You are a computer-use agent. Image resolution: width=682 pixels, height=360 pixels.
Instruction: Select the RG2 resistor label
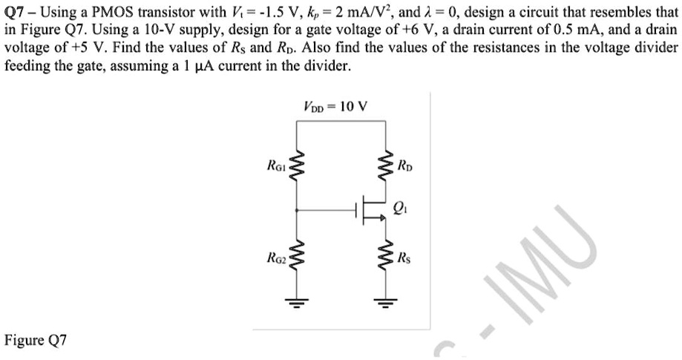click(x=279, y=258)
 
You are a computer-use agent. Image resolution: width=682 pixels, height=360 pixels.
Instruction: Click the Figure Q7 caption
click(x=36, y=341)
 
